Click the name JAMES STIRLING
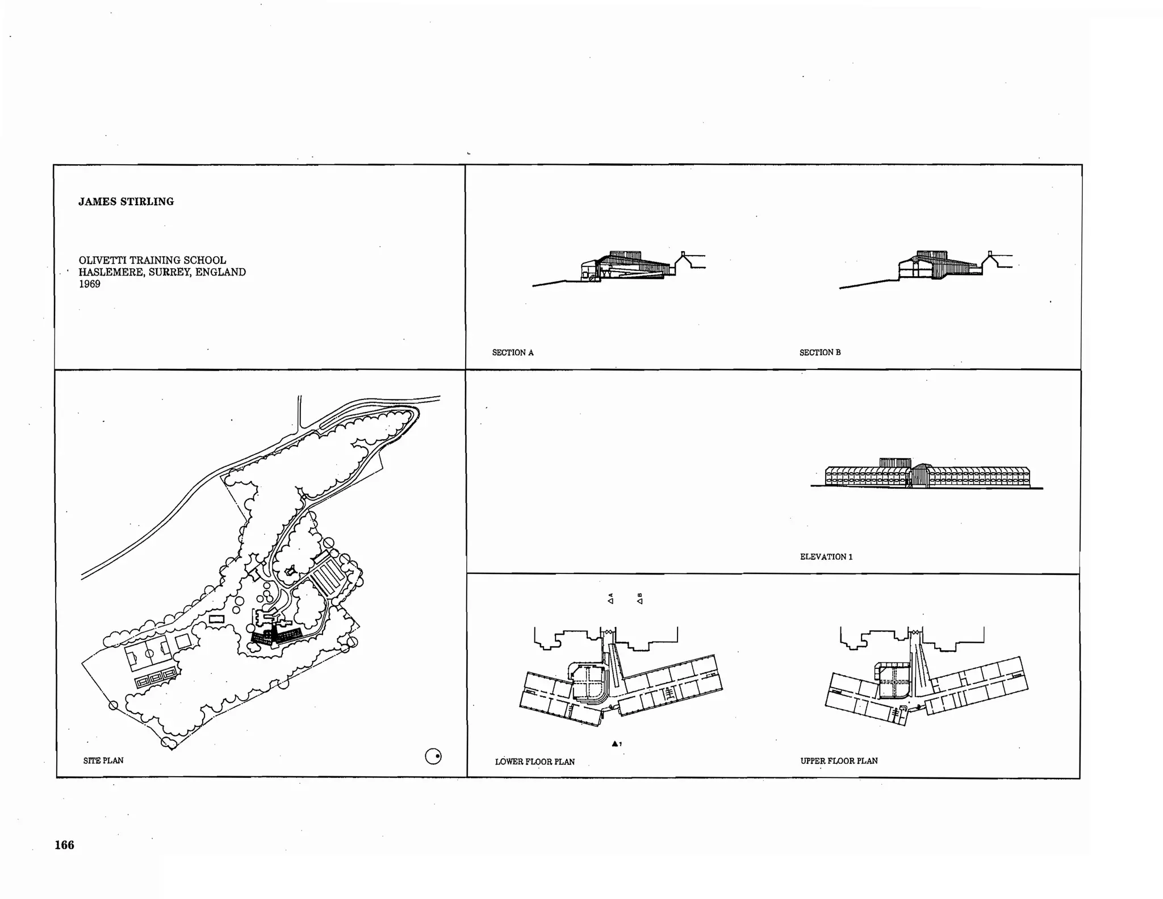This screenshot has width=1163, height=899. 126,202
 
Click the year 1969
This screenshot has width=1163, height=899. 89,284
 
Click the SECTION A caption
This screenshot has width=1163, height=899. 512,353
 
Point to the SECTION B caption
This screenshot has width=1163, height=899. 819,353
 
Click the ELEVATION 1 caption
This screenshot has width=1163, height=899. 826,557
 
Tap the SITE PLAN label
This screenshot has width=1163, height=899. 103,760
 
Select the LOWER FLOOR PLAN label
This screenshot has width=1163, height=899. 534,761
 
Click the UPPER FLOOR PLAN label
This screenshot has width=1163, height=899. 839,761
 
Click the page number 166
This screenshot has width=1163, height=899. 64,845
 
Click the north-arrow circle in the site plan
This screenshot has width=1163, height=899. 433,756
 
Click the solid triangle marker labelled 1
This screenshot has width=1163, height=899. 614,743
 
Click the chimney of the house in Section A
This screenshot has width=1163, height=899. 683,254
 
